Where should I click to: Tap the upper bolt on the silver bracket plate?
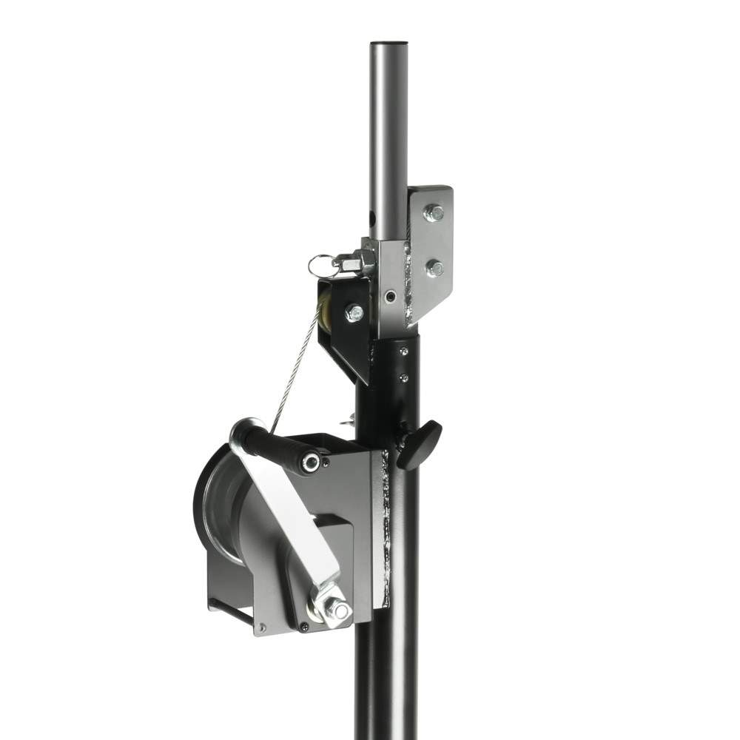434,213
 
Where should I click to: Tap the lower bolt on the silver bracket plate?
435,268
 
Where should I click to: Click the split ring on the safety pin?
320,263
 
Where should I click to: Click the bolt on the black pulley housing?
354,312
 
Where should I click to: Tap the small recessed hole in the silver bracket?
390,297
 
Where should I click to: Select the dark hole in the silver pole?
373,220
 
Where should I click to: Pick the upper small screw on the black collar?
403,352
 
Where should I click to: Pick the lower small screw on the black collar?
403,378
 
